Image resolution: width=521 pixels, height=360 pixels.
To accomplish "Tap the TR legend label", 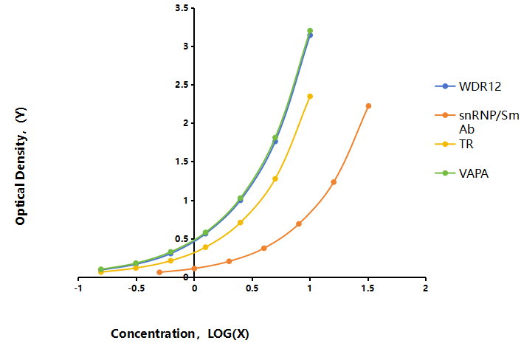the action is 466,144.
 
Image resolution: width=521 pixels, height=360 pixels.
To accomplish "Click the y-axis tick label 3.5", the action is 182,8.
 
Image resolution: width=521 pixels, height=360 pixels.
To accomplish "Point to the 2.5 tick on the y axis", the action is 182,85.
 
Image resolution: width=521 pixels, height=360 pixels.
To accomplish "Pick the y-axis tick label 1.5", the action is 182,162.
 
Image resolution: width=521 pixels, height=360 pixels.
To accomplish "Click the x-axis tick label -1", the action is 78,288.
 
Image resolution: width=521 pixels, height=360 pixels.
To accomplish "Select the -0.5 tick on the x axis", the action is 136,288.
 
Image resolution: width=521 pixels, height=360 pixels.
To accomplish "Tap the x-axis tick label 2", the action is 426,288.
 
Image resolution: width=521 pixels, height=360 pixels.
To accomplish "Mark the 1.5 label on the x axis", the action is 368,288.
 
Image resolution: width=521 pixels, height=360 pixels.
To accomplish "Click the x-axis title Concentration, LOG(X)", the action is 180,333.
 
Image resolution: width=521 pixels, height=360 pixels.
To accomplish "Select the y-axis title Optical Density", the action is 21,166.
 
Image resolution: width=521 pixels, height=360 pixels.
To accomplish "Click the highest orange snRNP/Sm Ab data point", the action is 368,106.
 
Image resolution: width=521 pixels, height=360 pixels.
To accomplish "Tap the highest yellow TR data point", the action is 310,97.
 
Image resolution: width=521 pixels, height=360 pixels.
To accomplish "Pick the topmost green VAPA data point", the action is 310,31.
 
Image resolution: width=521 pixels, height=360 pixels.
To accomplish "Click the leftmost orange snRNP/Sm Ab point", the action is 159,272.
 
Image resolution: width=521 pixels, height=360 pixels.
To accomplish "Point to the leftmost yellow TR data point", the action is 101,272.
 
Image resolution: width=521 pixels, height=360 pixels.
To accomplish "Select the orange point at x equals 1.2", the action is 334,182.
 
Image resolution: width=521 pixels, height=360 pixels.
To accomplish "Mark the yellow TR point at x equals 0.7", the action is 275,179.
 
